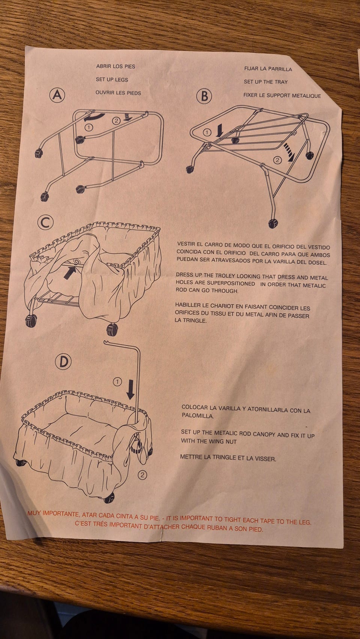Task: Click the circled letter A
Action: [x=57, y=95]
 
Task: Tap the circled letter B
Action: [x=204, y=96]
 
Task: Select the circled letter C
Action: [x=46, y=223]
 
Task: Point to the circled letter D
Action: [x=63, y=362]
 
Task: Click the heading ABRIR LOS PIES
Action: [x=115, y=66]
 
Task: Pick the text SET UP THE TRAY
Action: [x=265, y=82]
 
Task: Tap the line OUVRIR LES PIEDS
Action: [x=118, y=93]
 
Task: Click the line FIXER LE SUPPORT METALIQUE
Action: [x=282, y=96]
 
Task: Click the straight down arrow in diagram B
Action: [x=220, y=130]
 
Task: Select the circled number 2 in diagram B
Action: [x=277, y=160]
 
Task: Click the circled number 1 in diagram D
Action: [x=117, y=382]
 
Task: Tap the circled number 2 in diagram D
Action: [x=142, y=475]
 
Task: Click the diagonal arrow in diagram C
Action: [x=69, y=272]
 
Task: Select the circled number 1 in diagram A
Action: [x=89, y=127]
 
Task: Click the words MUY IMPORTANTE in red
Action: [x=53, y=513]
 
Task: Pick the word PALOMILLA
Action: [x=198, y=416]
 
